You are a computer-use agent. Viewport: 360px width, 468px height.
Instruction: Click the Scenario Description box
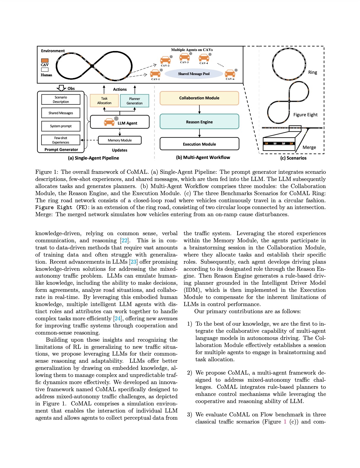tap(61, 100)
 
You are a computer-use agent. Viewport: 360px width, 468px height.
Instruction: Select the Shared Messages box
tap(61, 113)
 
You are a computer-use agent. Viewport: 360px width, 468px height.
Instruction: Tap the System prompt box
tap(61, 126)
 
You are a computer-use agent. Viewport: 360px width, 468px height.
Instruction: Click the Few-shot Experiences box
tap(61, 140)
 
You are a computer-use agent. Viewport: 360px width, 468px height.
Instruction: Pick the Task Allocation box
tap(104, 101)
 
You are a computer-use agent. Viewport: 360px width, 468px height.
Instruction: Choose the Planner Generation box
tap(135, 101)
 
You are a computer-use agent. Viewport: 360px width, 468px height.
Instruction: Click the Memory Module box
tap(120, 140)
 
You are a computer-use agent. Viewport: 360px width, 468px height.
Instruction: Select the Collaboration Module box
tap(199, 98)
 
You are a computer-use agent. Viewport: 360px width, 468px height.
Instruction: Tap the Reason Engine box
tap(199, 122)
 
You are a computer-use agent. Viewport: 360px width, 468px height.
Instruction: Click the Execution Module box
tap(199, 144)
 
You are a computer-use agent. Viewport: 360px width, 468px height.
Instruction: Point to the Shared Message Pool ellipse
tap(194, 74)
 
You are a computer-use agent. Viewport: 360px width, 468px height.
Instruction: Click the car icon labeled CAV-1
tap(155, 73)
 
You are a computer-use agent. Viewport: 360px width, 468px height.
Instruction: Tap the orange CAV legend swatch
tap(45, 61)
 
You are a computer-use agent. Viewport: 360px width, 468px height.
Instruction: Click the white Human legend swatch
tap(45, 70)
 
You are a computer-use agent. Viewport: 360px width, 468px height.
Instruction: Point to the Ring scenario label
tap(313, 72)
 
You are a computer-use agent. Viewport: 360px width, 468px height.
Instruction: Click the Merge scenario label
tap(309, 147)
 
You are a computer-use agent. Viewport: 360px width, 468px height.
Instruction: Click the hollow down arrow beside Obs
tap(61, 88)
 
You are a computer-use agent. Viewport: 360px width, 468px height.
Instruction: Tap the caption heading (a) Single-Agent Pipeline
tap(93, 158)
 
